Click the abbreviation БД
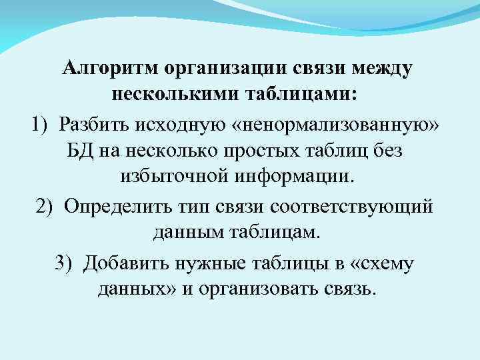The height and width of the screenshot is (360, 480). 80,150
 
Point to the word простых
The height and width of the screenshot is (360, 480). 264,150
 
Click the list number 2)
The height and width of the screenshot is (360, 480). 45,206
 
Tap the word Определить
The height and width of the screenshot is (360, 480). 116,206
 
